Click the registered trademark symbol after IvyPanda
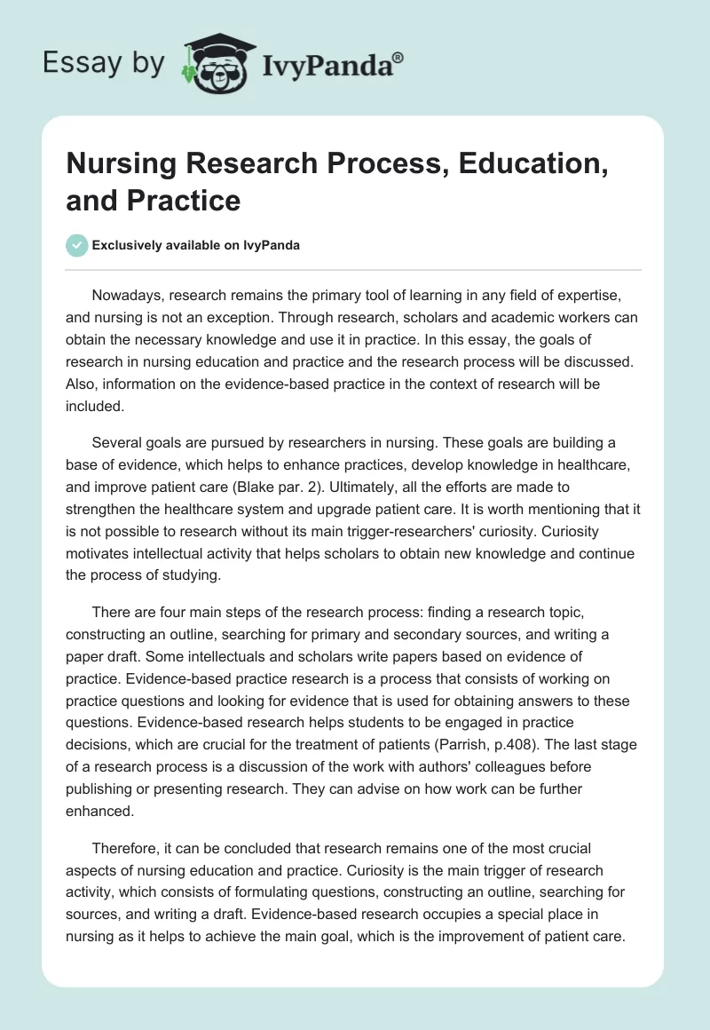(x=398, y=57)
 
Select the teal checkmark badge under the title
(x=77, y=245)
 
